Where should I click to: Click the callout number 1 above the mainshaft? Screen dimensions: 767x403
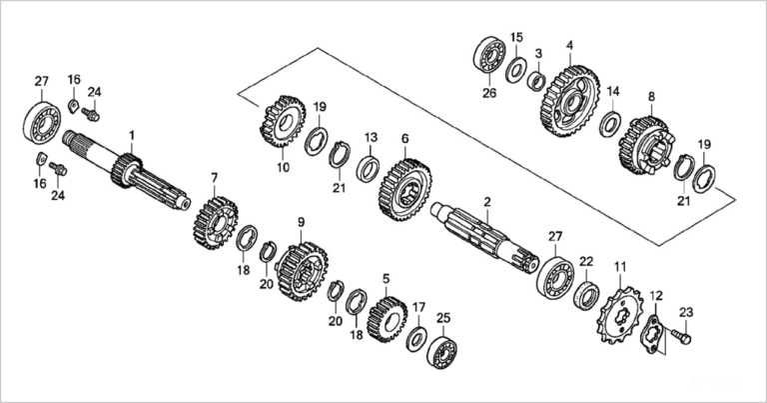coord(131,135)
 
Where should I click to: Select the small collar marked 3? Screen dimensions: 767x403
coord(536,81)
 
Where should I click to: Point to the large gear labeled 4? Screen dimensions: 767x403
coord(571,100)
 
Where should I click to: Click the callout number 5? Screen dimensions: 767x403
coord(386,279)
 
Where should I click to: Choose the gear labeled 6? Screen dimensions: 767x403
coord(404,189)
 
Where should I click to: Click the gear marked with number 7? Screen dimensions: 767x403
coord(216,223)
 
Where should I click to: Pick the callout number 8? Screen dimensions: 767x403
coord(651,97)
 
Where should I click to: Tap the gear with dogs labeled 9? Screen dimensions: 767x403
coord(303,271)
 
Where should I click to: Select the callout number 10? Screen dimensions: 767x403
coord(284,167)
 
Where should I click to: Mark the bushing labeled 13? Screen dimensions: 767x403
coord(370,167)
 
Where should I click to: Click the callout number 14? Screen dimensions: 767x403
coord(613,92)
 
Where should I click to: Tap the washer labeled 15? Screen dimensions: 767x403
coord(516,70)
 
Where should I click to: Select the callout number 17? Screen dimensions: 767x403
coord(418,308)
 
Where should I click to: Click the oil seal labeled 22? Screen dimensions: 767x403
coord(586,295)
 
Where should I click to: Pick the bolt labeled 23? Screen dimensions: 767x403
coord(680,336)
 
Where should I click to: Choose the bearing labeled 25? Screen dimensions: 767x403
coord(441,352)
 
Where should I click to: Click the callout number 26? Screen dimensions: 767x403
coord(489,93)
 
